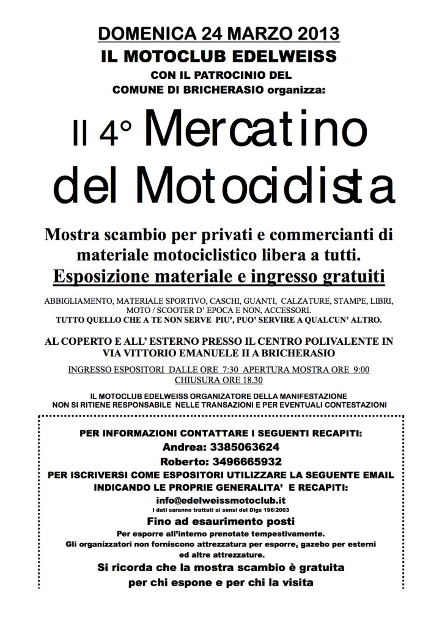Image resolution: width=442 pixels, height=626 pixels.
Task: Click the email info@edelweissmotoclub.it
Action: (x=221, y=499)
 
